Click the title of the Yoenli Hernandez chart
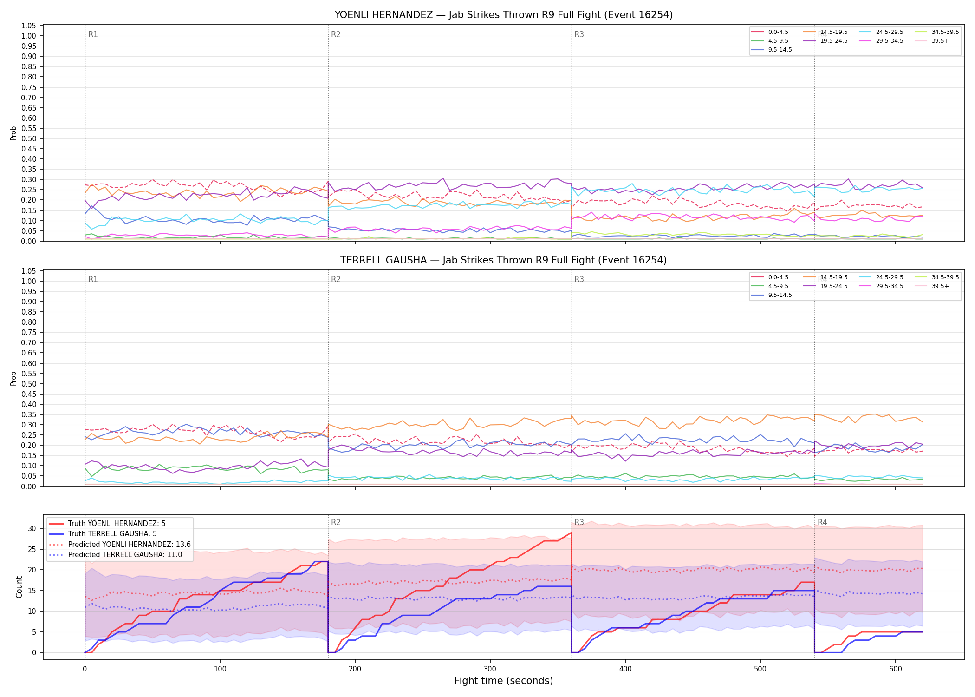[504, 15]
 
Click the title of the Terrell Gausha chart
[504, 260]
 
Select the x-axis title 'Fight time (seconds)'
[504, 681]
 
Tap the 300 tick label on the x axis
[490, 669]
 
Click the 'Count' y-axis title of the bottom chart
[19, 587]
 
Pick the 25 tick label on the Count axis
[32, 549]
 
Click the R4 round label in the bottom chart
[822, 522]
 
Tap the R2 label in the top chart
[336, 34]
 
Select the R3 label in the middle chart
[579, 279]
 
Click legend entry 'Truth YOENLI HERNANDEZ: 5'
[107, 524]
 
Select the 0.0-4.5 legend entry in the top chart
[770, 32]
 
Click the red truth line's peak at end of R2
[571, 533]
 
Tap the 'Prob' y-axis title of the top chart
[13, 133]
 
